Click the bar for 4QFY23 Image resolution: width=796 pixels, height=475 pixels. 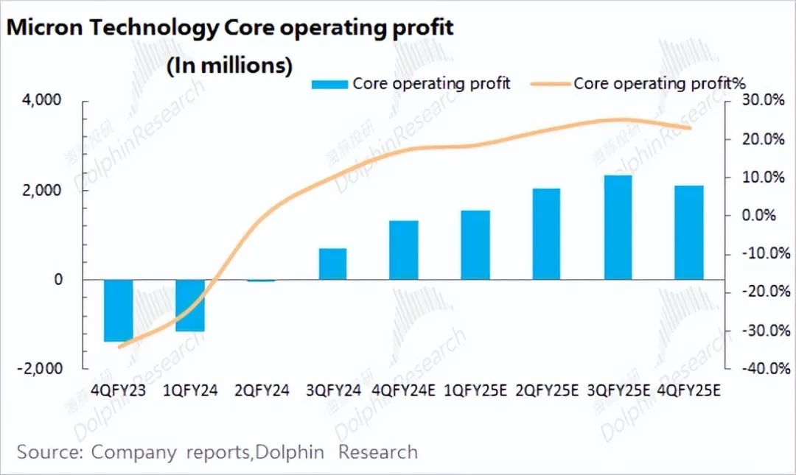point(118,310)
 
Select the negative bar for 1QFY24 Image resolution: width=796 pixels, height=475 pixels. point(189,305)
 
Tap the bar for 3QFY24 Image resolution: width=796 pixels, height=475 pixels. point(332,264)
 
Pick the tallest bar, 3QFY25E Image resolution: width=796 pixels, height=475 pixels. point(618,228)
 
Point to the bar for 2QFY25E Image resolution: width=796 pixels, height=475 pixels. point(547,234)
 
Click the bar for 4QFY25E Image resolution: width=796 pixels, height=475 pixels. point(690,233)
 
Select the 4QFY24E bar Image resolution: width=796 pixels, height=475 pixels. point(404,250)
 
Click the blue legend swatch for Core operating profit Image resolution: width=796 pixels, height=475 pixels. point(329,84)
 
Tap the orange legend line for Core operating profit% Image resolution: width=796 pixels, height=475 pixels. point(550,84)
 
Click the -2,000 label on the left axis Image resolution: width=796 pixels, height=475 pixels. point(43,368)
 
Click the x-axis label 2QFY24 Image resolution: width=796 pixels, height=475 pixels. point(261,391)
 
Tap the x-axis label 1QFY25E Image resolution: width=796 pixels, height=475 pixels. point(475,391)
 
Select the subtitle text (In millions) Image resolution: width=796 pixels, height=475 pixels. point(229,65)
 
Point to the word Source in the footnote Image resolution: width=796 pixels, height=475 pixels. point(48,451)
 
